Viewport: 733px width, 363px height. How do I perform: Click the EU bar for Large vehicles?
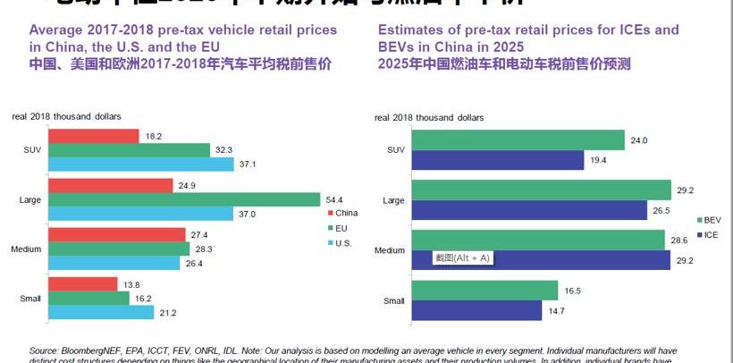[x=183, y=198]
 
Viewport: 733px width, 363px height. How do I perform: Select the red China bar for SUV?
[x=94, y=136]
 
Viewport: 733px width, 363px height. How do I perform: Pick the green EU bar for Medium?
[x=118, y=248]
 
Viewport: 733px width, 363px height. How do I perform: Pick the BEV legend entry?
[x=712, y=219]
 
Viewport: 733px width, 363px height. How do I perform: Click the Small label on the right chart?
[x=393, y=301]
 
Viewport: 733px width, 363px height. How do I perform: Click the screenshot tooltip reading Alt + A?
[x=462, y=257]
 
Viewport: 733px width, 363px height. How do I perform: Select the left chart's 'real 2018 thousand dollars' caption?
[x=66, y=116]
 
